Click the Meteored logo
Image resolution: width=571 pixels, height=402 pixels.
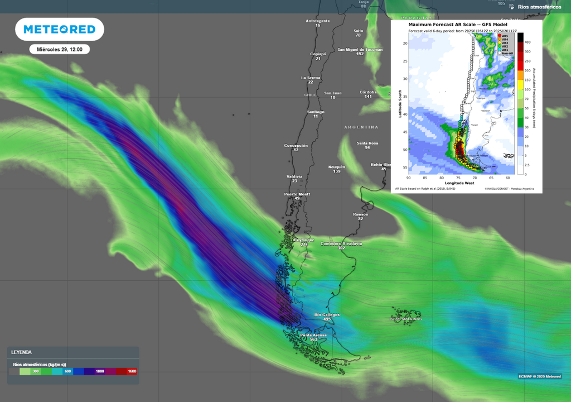click(x=59, y=29)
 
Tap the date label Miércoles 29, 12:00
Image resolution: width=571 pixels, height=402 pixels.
click(x=60, y=50)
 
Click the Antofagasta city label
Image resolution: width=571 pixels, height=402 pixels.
click(x=318, y=21)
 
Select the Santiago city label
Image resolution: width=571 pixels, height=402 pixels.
click(x=316, y=112)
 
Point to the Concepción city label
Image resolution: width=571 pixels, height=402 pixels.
click(x=296, y=146)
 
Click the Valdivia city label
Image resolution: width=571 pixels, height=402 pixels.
click(x=294, y=176)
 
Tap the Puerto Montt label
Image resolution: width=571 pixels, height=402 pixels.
click(x=297, y=194)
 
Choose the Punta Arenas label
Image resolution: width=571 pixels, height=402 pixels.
click(x=313, y=335)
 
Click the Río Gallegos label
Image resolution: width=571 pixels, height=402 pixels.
click(x=327, y=315)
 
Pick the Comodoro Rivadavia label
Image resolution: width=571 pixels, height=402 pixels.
click(x=341, y=244)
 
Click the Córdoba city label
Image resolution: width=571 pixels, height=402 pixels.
click(x=368, y=92)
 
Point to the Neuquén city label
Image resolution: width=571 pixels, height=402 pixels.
click(x=337, y=167)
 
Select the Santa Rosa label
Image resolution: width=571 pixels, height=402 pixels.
click(x=367, y=143)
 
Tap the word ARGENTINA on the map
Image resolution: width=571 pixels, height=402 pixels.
click(x=361, y=127)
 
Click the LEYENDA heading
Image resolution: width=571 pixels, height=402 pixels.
click(x=22, y=352)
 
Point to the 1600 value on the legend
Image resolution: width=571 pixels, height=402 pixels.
click(x=132, y=371)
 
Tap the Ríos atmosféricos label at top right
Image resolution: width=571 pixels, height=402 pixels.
click(x=539, y=7)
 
